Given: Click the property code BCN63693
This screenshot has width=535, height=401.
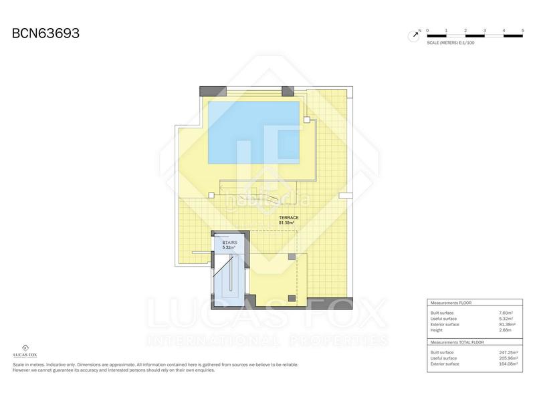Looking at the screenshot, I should (x=46, y=33).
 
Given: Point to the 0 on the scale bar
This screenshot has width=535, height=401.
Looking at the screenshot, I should (x=427, y=30).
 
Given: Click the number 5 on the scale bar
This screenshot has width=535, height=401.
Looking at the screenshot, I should (x=522, y=30).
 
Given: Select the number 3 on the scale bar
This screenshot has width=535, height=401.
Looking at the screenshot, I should (x=484, y=30).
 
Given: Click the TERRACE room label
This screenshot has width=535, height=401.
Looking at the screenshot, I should (x=289, y=218).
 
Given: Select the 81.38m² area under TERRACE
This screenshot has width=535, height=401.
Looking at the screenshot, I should (x=289, y=223).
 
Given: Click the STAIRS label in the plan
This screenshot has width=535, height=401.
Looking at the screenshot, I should (x=229, y=243).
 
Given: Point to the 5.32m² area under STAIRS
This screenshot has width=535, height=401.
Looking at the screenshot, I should (x=229, y=249).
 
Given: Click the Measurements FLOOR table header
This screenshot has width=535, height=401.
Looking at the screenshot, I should (x=451, y=303).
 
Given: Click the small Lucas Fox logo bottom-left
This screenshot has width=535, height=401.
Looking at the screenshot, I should (x=25, y=350).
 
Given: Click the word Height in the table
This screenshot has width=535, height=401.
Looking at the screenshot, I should (x=437, y=330).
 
